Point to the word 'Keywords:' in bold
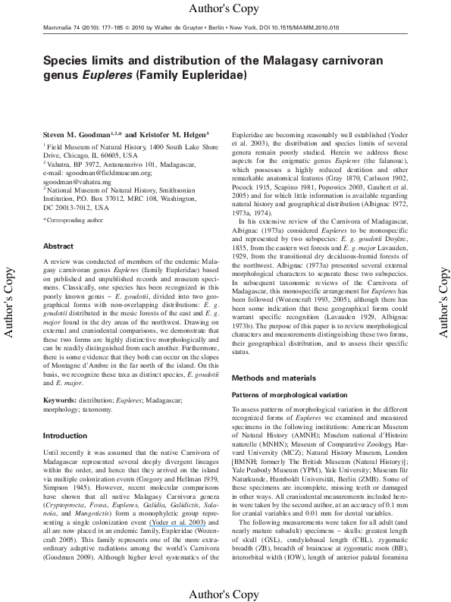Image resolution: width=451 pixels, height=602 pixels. tap(60, 398)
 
